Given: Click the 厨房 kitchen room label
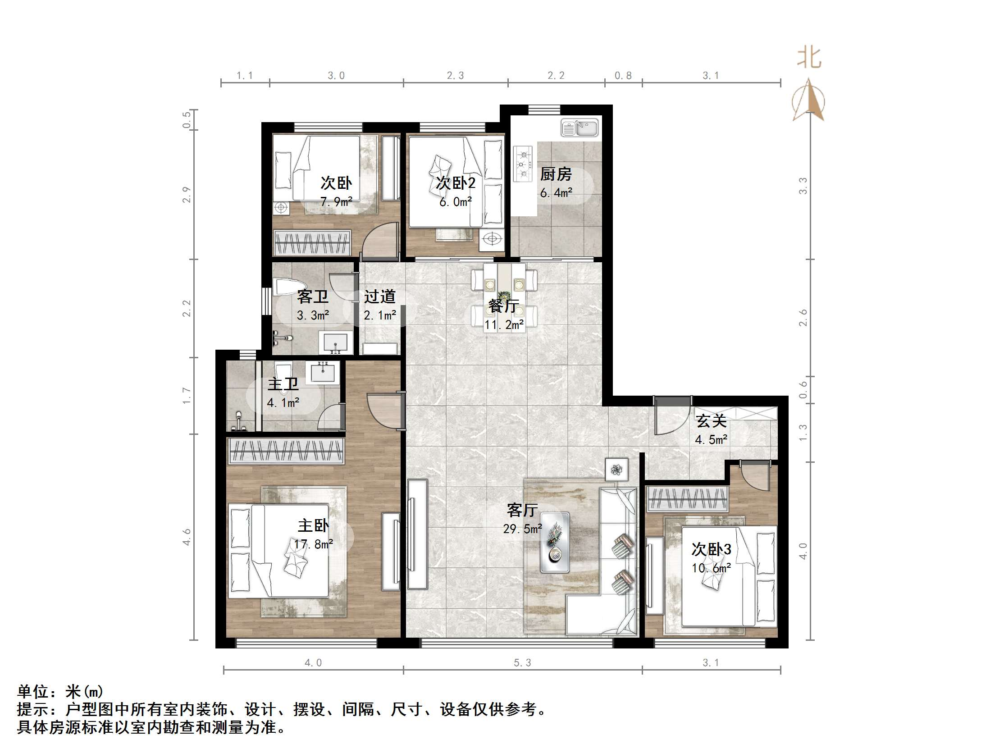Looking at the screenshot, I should click(556, 174).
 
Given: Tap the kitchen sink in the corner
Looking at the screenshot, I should click(579, 128).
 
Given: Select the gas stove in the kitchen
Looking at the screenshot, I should click(522, 164).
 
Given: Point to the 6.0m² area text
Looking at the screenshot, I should click(455, 202).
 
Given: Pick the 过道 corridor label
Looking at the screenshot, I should click(379, 297).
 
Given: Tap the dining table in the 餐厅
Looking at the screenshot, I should click(504, 297).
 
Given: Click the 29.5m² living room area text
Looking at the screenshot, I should click(522, 529).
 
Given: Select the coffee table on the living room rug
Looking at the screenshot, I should click(555, 543).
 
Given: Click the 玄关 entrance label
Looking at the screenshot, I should click(711, 421).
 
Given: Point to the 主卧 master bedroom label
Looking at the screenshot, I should click(313, 525).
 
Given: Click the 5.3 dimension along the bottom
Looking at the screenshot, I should click(522, 663).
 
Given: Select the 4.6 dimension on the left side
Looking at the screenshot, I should click(187, 537).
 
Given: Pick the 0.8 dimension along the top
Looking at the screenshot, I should click(623, 76).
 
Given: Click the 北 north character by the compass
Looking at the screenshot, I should click(809, 58).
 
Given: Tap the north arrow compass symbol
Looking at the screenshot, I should click(808, 101).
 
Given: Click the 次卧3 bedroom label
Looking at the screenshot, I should click(711, 549).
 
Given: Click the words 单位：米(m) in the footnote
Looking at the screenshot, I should click(60, 691).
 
